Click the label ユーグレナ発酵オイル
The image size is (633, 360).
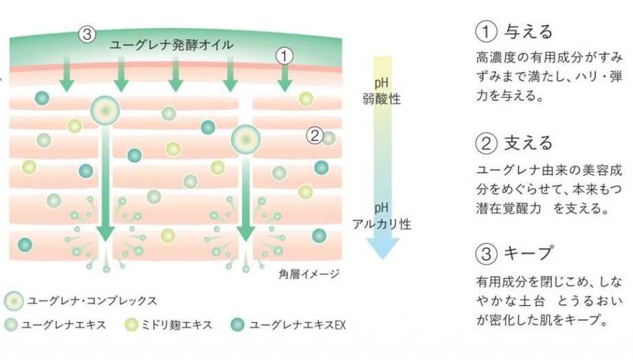point(172,45)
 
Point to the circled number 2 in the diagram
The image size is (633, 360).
point(315,135)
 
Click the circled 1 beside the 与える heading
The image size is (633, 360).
point(485,32)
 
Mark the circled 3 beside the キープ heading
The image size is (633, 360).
point(485,254)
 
